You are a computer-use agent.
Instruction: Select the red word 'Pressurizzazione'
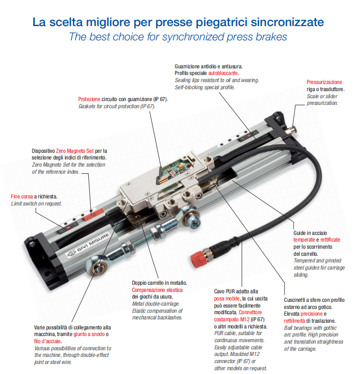(324, 82)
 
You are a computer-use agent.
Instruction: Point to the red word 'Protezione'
(89, 99)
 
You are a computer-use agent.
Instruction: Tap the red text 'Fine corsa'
(21, 196)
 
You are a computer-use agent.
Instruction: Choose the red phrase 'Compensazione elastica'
(157, 290)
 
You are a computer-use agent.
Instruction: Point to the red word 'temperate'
(304, 240)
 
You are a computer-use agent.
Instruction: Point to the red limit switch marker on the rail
(89, 218)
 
